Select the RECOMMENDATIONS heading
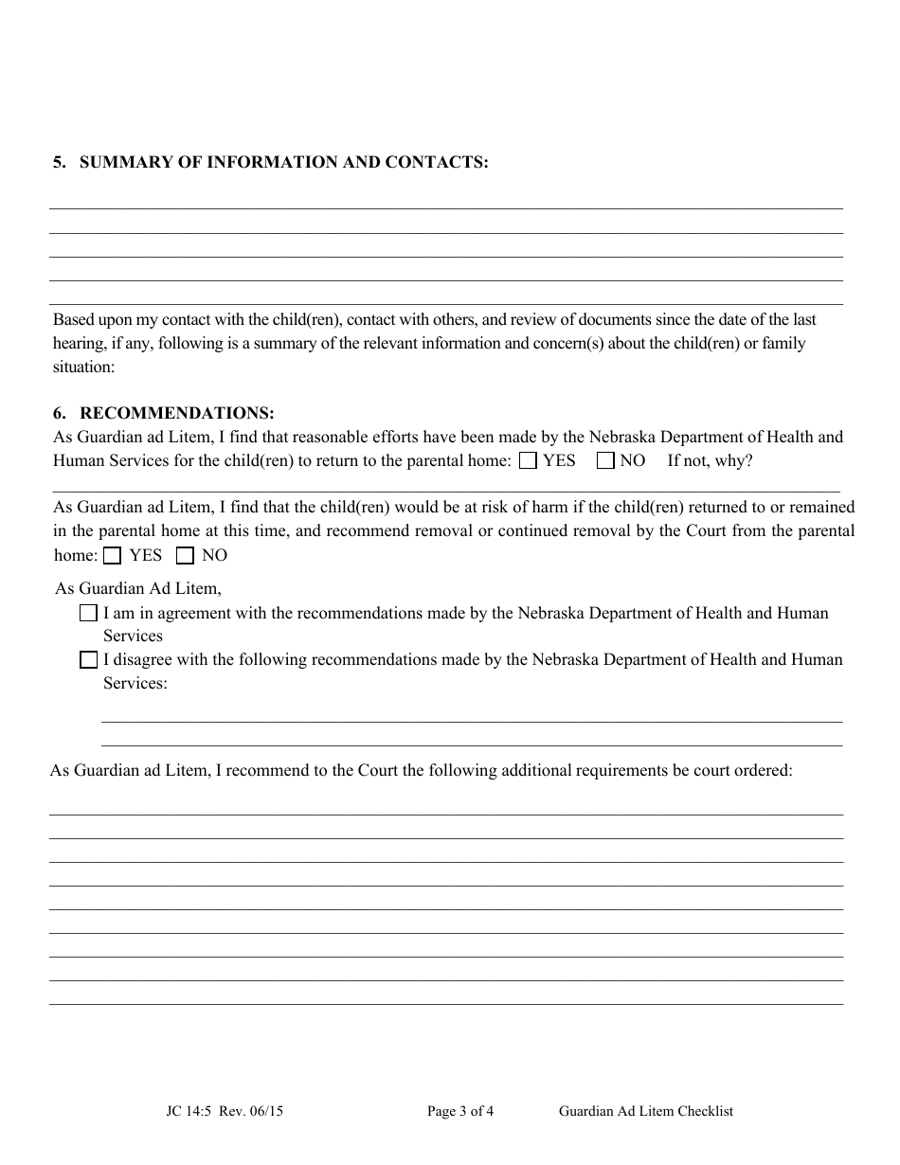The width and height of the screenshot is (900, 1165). [x=177, y=413]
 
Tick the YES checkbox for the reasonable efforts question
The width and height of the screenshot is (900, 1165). [x=530, y=461]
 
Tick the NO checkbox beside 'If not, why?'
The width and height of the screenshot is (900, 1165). [x=605, y=461]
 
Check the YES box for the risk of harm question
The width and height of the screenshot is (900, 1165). [x=113, y=556]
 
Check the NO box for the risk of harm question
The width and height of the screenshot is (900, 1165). [x=185, y=556]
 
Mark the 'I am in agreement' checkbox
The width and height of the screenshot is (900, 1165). [x=89, y=614]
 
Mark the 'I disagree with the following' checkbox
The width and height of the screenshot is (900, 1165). [x=89, y=660]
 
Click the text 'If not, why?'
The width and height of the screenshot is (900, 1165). [x=710, y=461]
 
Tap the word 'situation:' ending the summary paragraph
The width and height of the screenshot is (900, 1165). [x=83, y=367]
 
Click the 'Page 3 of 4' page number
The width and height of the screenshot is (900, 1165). [x=460, y=1111]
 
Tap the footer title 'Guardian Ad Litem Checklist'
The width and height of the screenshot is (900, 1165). [x=646, y=1111]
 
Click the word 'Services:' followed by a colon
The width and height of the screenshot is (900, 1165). [x=135, y=683]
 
